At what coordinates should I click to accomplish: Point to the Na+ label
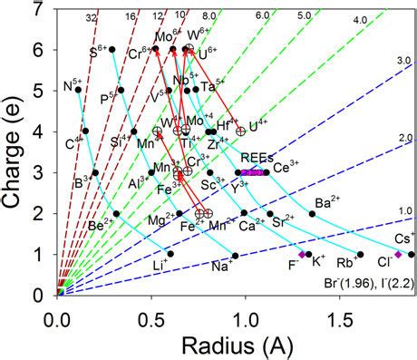(221, 267)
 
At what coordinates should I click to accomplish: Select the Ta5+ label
(215, 86)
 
